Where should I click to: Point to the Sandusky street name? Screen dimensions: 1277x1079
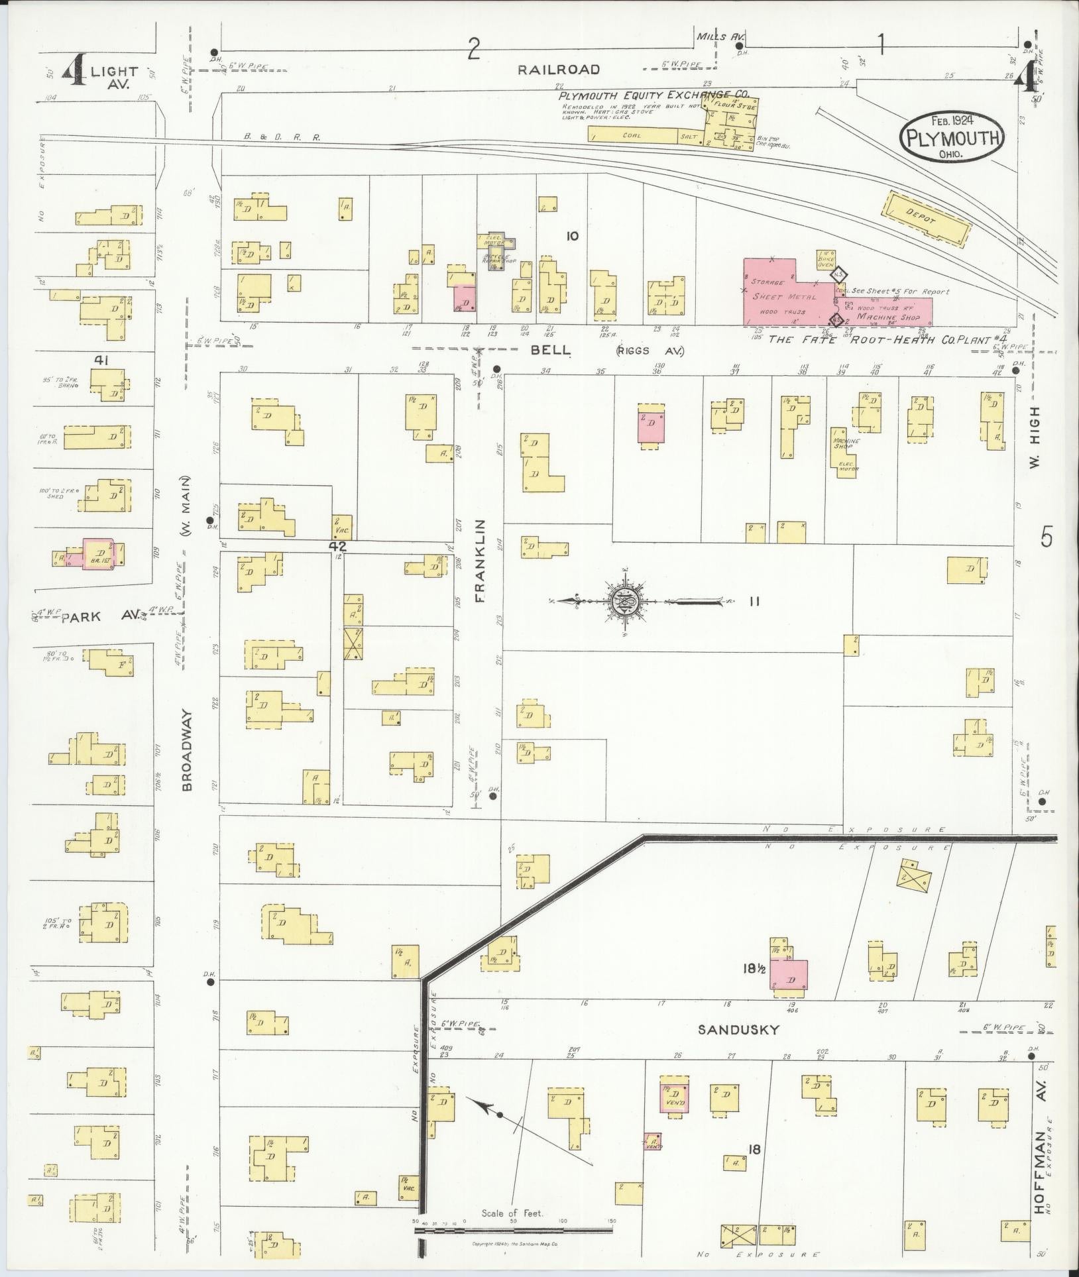pos(738,1048)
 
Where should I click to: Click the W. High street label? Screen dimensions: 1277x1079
pos(1036,437)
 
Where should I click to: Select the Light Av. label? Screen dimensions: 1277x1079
pos(114,78)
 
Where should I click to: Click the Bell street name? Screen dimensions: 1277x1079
pos(551,349)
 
